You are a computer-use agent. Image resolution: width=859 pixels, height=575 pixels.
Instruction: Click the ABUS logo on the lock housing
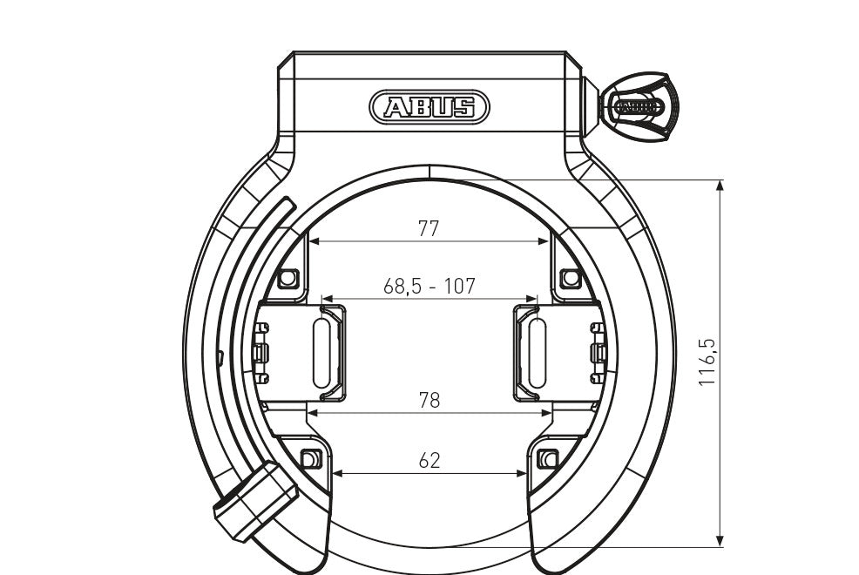pos(429,107)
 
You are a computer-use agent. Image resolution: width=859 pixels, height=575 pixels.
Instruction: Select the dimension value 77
pos(429,228)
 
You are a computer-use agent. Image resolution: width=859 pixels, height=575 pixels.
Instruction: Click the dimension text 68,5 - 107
pos(429,286)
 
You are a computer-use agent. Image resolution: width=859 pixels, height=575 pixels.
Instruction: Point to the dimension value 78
pos(429,400)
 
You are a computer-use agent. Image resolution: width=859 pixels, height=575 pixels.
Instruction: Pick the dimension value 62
pos(429,460)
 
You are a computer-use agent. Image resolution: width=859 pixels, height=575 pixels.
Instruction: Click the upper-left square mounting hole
pos(288,278)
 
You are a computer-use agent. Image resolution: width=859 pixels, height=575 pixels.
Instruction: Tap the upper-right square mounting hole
pos(570,278)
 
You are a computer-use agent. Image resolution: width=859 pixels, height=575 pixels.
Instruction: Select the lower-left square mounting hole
pos(309,458)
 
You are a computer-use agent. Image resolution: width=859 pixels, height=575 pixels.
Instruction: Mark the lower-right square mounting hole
pos(549,458)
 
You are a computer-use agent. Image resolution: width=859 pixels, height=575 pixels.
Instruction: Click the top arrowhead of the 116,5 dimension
pos(720,185)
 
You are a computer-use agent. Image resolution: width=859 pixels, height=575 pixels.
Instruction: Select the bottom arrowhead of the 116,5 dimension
pos(720,541)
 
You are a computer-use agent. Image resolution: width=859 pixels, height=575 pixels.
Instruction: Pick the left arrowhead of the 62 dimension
pos(336,473)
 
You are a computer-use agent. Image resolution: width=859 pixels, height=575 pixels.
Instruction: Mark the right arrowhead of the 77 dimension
pos(545,240)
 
